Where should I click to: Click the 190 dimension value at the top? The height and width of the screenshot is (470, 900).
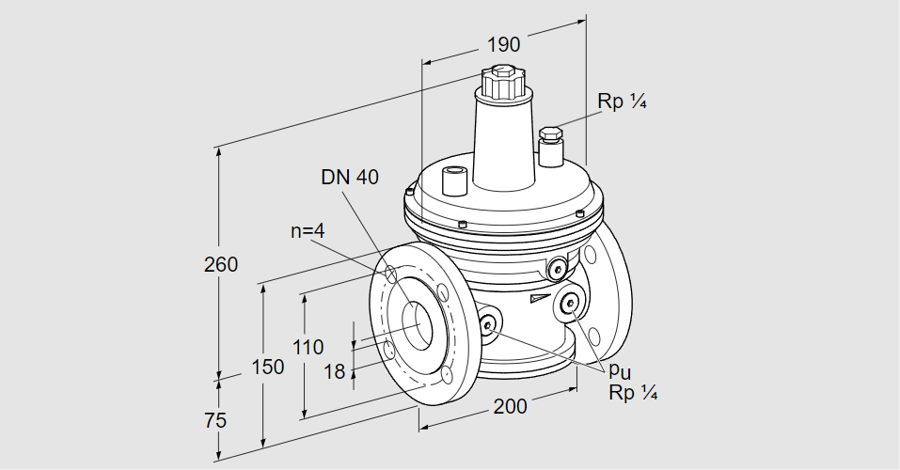(503, 44)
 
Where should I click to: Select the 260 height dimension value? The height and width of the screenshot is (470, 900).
(221, 264)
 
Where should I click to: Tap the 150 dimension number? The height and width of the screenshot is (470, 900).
(268, 368)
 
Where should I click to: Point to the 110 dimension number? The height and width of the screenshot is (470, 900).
(308, 346)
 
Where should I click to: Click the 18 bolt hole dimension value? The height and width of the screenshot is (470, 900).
(335, 371)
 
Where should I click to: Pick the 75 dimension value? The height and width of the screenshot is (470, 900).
(215, 420)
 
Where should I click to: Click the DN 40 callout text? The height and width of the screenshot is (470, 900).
(350, 177)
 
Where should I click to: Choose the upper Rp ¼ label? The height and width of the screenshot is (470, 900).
(623, 103)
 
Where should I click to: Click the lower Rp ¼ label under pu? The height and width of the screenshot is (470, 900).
(632, 393)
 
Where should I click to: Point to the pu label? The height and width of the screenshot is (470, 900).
(619, 372)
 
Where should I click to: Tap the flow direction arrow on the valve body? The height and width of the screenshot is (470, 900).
(537, 299)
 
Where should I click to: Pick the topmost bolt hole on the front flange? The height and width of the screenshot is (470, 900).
(389, 275)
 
